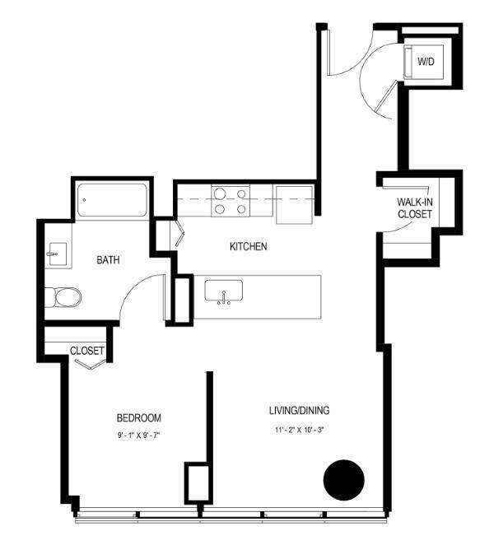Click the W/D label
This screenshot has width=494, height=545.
[x=426, y=62]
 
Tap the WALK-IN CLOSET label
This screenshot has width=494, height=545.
[x=415, y=207]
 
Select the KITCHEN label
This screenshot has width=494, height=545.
[x=248, y=246]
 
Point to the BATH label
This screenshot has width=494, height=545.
[x=108, y=259]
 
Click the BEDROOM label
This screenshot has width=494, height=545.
[x=138, y=417]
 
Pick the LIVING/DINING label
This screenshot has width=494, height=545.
[x=300, y=411]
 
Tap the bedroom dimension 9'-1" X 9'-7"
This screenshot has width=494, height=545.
[x=138, y=436]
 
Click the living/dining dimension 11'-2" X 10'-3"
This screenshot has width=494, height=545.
[x=300, y=430]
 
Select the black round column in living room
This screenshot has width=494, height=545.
[x=344, y=480]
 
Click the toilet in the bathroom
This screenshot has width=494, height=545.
[x=63, y=297]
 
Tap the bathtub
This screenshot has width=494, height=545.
[x=112, y=200]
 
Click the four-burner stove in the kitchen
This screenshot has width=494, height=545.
[x=231, y=201]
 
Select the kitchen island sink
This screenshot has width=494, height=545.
[x=223, y=291]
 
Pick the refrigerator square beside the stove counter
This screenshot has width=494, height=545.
[x=295, y=205]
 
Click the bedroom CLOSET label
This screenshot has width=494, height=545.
[x=87, y=351]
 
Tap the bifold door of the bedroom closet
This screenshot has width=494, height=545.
[x=91, y=365]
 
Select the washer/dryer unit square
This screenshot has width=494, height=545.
[x=423, y=63]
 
